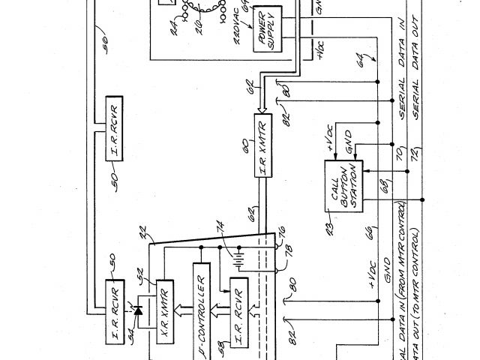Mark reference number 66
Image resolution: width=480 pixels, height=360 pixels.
click(370, 235)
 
